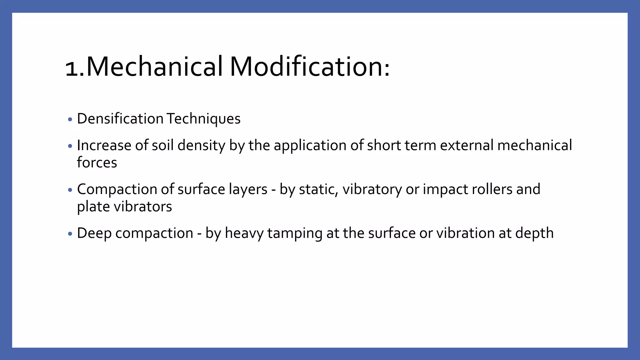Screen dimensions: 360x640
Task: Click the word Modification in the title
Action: pyautogui.click(x=309, y=67)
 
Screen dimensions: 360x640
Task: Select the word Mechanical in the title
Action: pyautogui.click(x=154, y=67)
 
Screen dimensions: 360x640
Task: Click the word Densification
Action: pyautogui.click(x=120, y=119)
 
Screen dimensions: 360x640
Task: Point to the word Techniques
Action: pyautogui.click(x=203, y=119)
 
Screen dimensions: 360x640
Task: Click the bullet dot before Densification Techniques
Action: pyautogui.click(x=70, y=120)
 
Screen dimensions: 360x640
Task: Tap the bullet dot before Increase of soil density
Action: pyautogui.click(x=70, y=146)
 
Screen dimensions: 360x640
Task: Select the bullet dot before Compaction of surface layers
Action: pyautogui.click(x=70, y=190)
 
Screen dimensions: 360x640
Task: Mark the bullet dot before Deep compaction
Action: pyautogui.click(x=70, y=234)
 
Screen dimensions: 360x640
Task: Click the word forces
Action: pyautogui.click(x=97, y=163)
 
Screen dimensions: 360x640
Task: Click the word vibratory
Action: pyautogui.click(x=372, y=189)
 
